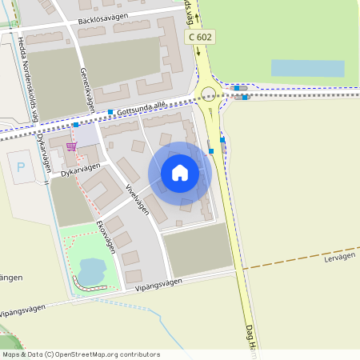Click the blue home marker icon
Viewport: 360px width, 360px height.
pyautogui.click(x=180, y=173)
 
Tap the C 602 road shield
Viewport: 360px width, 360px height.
pyautogui.click(x=199, y=37)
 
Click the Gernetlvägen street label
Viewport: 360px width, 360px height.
pyautogui.click(x=86, y=88)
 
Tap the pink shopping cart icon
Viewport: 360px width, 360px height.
pyautogui.click(x=72, y=146)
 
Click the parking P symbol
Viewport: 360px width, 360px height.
pyautogui.click(x=21, y=167)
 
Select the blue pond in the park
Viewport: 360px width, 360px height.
pyautogui.click(x=91, y=270)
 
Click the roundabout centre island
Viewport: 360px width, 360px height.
pyautogui.click(x=209, y=93)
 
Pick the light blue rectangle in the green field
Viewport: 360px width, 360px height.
pyautogui.click(x=307, y=67)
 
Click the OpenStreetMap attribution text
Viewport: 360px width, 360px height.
pyautogui.click(x=80, y=354)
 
